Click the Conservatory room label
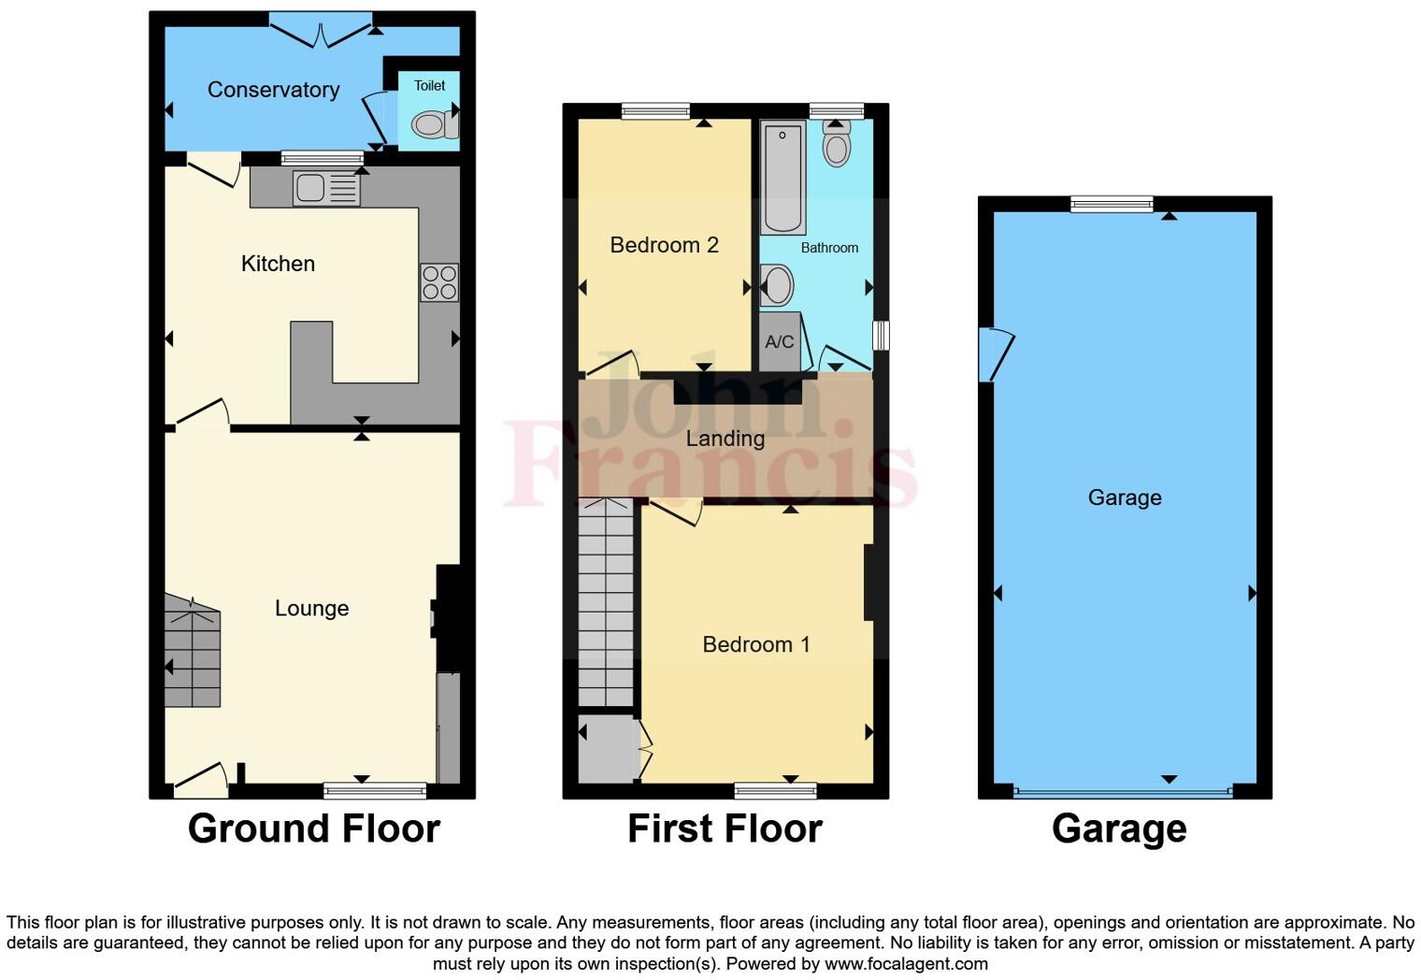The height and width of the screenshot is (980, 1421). coord(273,90)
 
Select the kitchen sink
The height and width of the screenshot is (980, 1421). coord(325,189)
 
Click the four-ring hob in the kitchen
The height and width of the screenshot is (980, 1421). coord(439,282)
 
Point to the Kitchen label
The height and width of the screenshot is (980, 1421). coord(278,264)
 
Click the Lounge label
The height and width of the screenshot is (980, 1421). coord(311,609)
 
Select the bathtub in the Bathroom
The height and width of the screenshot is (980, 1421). coord(782,178)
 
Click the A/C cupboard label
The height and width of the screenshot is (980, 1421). coord(779,342)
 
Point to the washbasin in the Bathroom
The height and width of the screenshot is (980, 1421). coord(777,286)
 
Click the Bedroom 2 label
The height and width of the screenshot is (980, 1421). coord(664,245)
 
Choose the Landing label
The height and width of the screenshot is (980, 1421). coord(725,439)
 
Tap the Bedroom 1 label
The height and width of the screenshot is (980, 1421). coord(755,644)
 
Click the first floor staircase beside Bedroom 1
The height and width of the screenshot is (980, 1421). coord(606,603)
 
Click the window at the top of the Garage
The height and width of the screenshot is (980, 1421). coord(1112,204)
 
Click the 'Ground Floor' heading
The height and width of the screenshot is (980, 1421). coord(313,829)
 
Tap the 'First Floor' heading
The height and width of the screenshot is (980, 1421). coord(725,829)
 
